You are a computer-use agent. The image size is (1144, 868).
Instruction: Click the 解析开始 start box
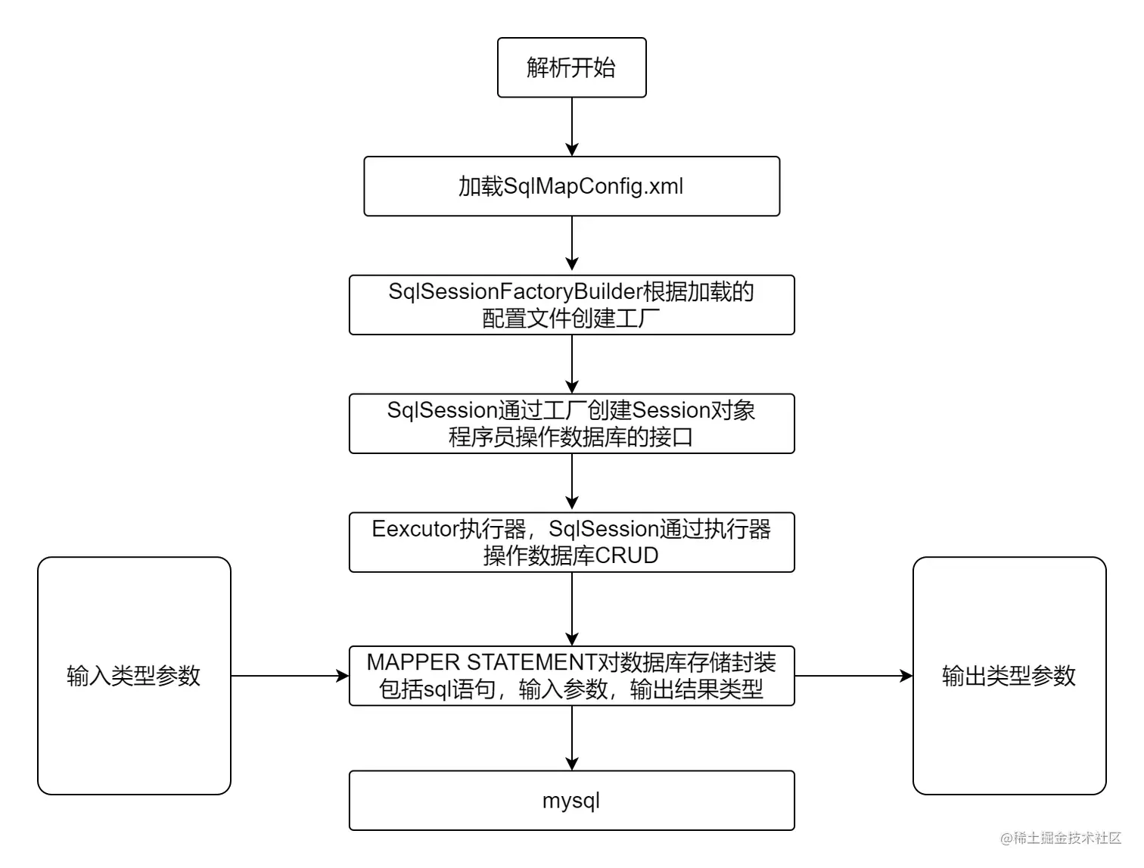[x=571, y=68]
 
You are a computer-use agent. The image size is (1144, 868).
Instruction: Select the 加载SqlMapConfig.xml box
[x=571, y=186]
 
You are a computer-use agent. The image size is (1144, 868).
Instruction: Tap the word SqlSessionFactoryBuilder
[x=514, y=291]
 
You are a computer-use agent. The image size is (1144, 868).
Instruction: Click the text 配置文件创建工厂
[x=571, y=319]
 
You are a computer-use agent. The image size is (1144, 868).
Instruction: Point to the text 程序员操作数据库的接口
[x=571, y=437]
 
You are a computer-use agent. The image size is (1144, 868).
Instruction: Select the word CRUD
[x=626, y=555]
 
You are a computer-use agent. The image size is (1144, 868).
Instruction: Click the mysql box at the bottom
[x=571, y=801]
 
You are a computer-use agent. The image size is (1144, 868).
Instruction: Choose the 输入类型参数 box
[x=134, y=676]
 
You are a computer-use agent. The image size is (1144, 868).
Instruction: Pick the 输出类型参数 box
[x=1009, y=676]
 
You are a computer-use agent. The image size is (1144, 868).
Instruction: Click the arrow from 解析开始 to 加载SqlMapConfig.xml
[x=572, y=126]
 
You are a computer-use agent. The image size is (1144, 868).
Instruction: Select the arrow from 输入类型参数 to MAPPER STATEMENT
[x=290, y=676]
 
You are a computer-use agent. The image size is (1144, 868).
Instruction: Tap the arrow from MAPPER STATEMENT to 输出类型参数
[x=853, y=676]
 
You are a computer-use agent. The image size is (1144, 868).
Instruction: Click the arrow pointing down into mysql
[x=572, y=738]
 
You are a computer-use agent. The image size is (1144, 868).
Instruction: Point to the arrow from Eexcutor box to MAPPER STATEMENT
[x=572, y=608]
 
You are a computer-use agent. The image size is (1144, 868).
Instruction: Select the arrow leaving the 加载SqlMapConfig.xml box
[x=572, y=244]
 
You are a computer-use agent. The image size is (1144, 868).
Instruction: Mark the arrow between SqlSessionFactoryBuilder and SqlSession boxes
[x=572, y=364]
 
